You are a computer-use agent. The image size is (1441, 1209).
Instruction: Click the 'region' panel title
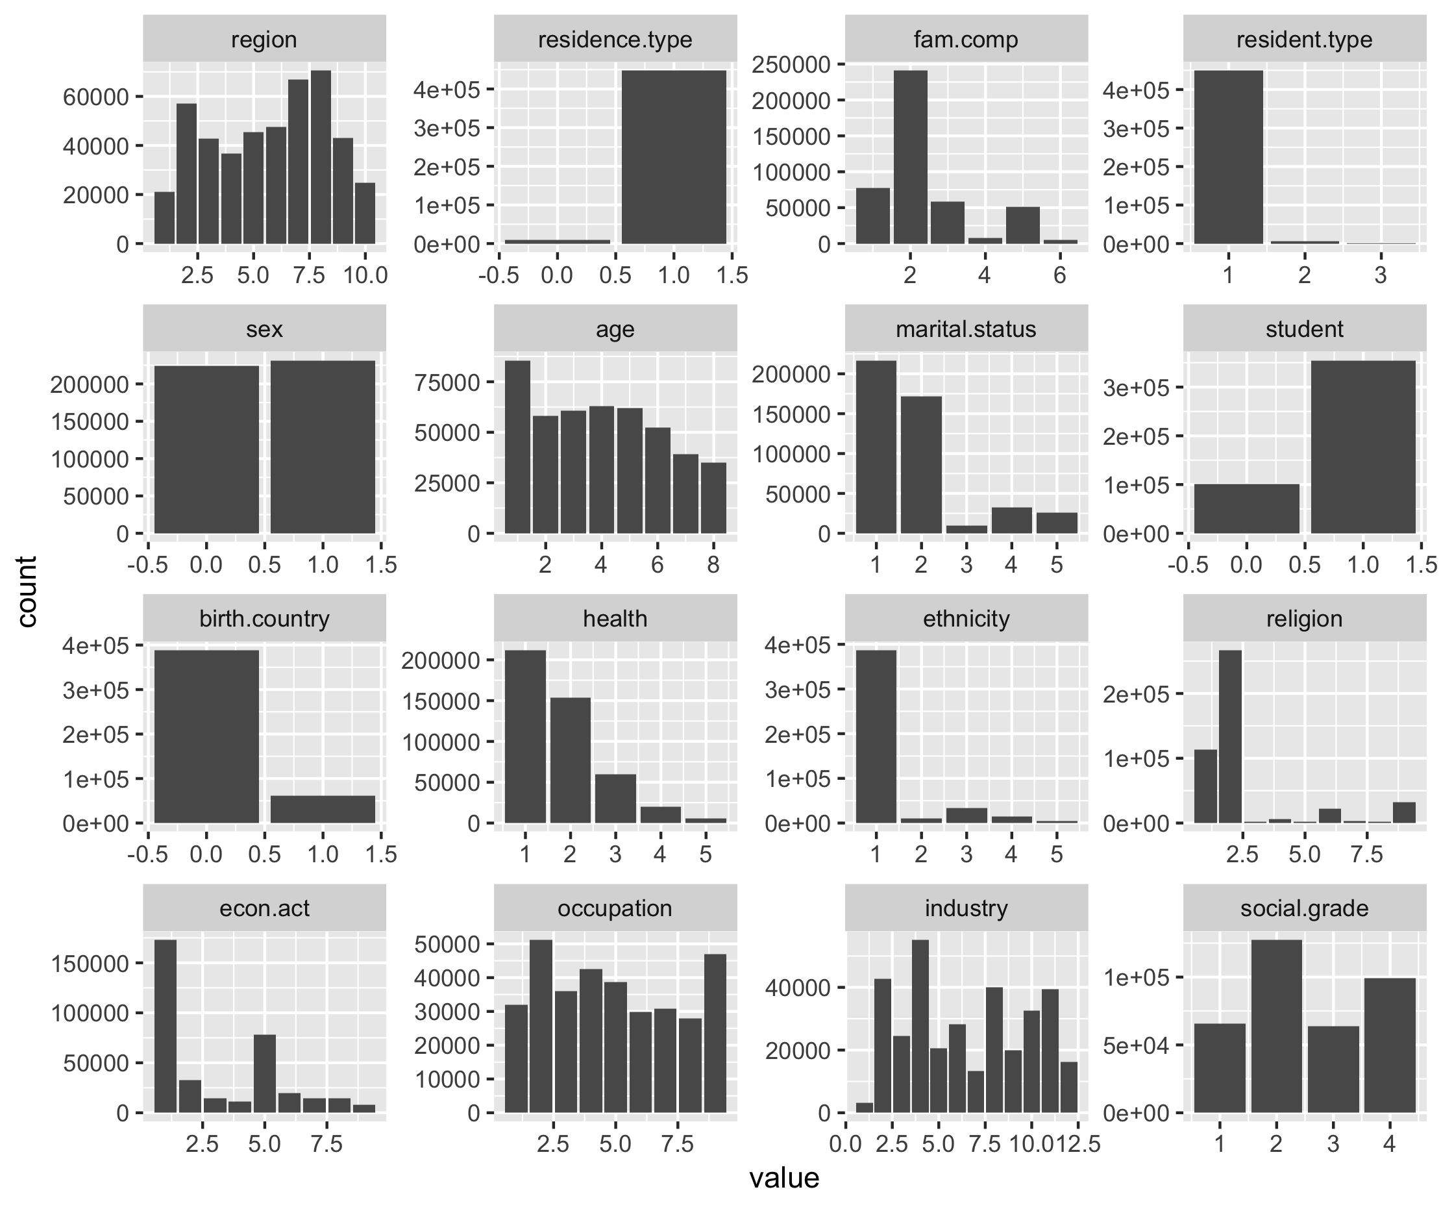tap(264, 40)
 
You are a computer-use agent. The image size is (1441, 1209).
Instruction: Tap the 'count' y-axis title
tap(27, 592)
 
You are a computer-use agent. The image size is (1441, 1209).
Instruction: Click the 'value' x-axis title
tap(783, 1178)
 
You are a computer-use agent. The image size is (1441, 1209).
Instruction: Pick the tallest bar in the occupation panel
tap(541, 1026)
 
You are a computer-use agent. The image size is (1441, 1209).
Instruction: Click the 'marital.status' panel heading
tap(965, 330)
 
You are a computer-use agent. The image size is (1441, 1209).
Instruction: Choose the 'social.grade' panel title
tap(1304, 909)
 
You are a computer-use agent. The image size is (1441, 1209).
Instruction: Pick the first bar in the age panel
tap(517, 447)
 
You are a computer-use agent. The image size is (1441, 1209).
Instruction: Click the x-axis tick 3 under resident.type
tap(1381, 275)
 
